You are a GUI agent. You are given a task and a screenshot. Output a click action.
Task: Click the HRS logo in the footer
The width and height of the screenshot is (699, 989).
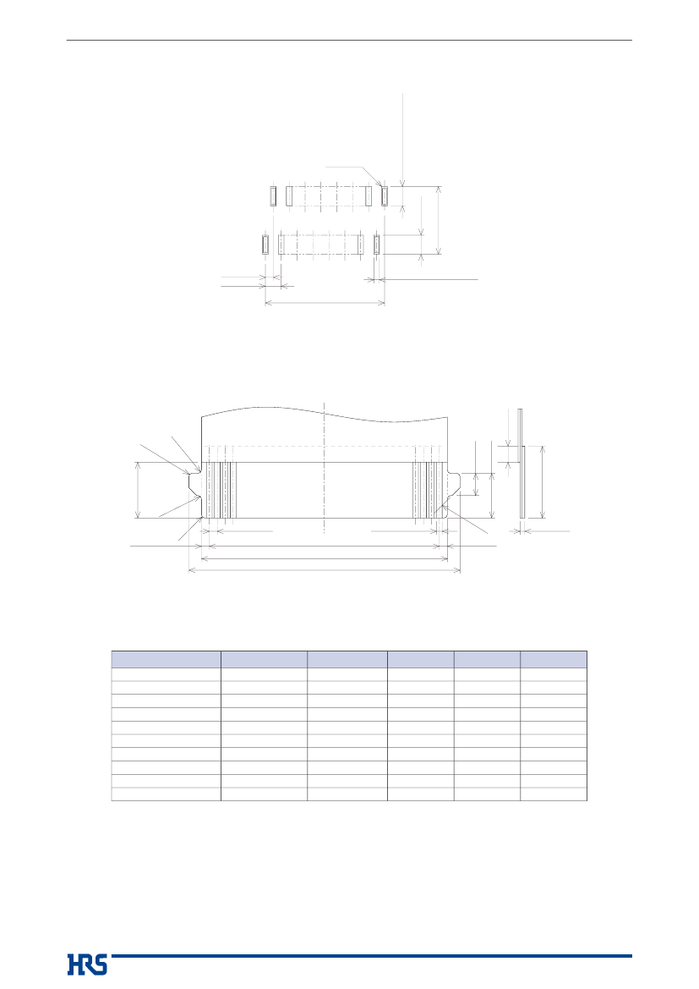coord(87,964)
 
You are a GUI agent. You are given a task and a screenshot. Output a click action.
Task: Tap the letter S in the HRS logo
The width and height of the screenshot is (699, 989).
coord(101,964)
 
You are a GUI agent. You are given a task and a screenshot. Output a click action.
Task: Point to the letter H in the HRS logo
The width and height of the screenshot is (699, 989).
coord(74,964)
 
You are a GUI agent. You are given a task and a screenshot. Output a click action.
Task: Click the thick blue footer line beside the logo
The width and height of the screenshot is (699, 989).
coord(371,955)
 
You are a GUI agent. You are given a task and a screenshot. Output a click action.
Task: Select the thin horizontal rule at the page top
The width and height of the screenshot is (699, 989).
coord(349,41)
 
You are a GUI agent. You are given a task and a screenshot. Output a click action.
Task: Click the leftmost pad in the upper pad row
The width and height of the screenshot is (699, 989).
coord(273,196)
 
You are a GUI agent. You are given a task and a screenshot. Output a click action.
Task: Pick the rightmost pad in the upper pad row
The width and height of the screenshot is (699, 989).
coord(384,196)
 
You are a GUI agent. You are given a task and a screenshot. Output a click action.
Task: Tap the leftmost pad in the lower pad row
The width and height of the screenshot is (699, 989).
coord(265,245)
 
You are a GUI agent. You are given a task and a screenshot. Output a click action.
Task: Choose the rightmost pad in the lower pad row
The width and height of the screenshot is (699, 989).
coord(376,245)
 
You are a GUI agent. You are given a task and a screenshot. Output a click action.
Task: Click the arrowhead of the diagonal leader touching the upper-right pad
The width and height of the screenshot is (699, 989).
coord(380,184)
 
